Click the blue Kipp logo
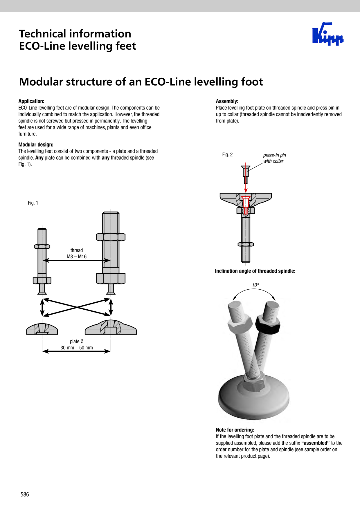(328, 34)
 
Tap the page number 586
(25, 494)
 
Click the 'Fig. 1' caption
(33, 203)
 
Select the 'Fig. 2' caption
(227, 155)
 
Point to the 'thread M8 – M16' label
(77, 253)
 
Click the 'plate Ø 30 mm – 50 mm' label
(77, 344)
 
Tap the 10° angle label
(255, 285)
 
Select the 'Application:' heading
(31, 101)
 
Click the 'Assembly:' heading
(227, 101)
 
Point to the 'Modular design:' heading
(36, 145)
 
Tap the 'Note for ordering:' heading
(235, 430)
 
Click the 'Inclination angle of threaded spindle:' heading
(255, 271)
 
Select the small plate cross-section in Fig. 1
(42, 329)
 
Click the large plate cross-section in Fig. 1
(111, 327)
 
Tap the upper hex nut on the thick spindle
(111, 237)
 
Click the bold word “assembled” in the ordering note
(316, 443)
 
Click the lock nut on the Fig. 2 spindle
(246, 244)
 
